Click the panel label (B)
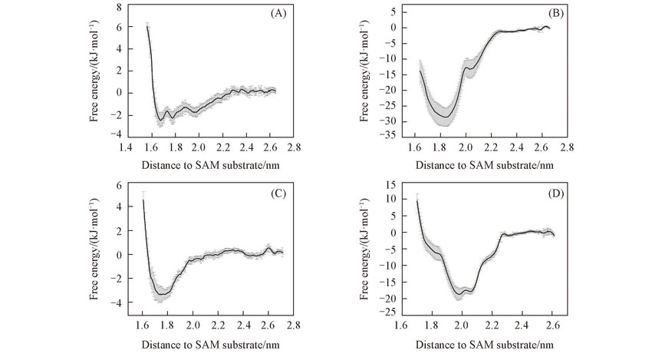(x=550, y=15)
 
